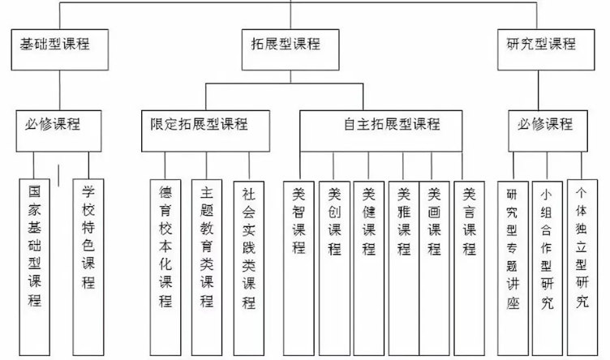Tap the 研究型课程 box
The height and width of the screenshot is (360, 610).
point(540,45)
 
